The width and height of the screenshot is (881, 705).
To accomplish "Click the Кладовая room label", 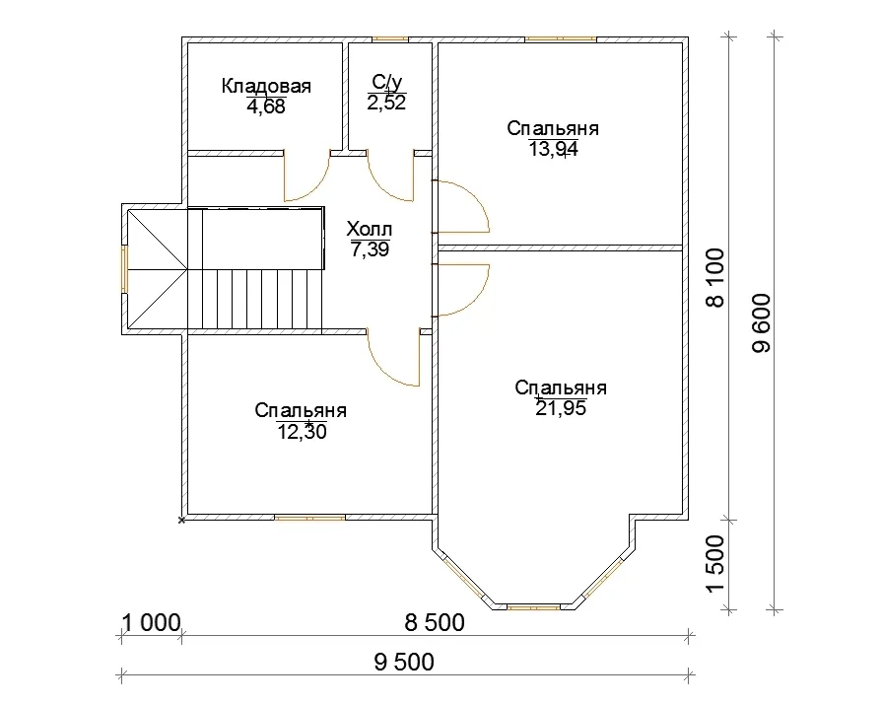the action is click(x=266, y=86).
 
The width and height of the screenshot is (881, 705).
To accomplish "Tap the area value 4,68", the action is click(x=266, y=106).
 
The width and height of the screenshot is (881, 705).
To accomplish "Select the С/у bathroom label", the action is click(x=387, y=82).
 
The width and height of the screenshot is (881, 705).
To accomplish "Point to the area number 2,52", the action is click(x=386, y=103).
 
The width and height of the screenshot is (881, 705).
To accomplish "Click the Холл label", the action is click(x=370, y=229).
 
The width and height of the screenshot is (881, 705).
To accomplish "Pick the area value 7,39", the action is click(x=370, y=249).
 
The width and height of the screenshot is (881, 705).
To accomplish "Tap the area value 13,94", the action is click(x=553, y=149).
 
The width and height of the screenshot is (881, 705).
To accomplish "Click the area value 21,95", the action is click(x=561, y=408).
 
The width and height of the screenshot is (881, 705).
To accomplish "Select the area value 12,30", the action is click(x=302, y=431).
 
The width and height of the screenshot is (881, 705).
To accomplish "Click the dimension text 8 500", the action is click(x=435, y=622).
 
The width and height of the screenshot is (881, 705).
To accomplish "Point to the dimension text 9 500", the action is click(x=404, y=663).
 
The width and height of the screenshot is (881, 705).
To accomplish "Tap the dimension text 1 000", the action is click(x=151, y=623).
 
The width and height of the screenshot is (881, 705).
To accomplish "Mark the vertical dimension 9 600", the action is click(x=762, y=322).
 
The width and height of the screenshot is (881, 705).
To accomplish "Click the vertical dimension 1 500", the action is click(x=715, y=564).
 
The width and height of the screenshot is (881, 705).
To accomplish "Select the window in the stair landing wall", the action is click(x=125, y=269).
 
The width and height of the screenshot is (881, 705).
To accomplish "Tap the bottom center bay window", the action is click(x=534, y=607).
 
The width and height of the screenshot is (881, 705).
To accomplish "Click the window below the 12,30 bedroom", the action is click(x=309, y=518).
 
